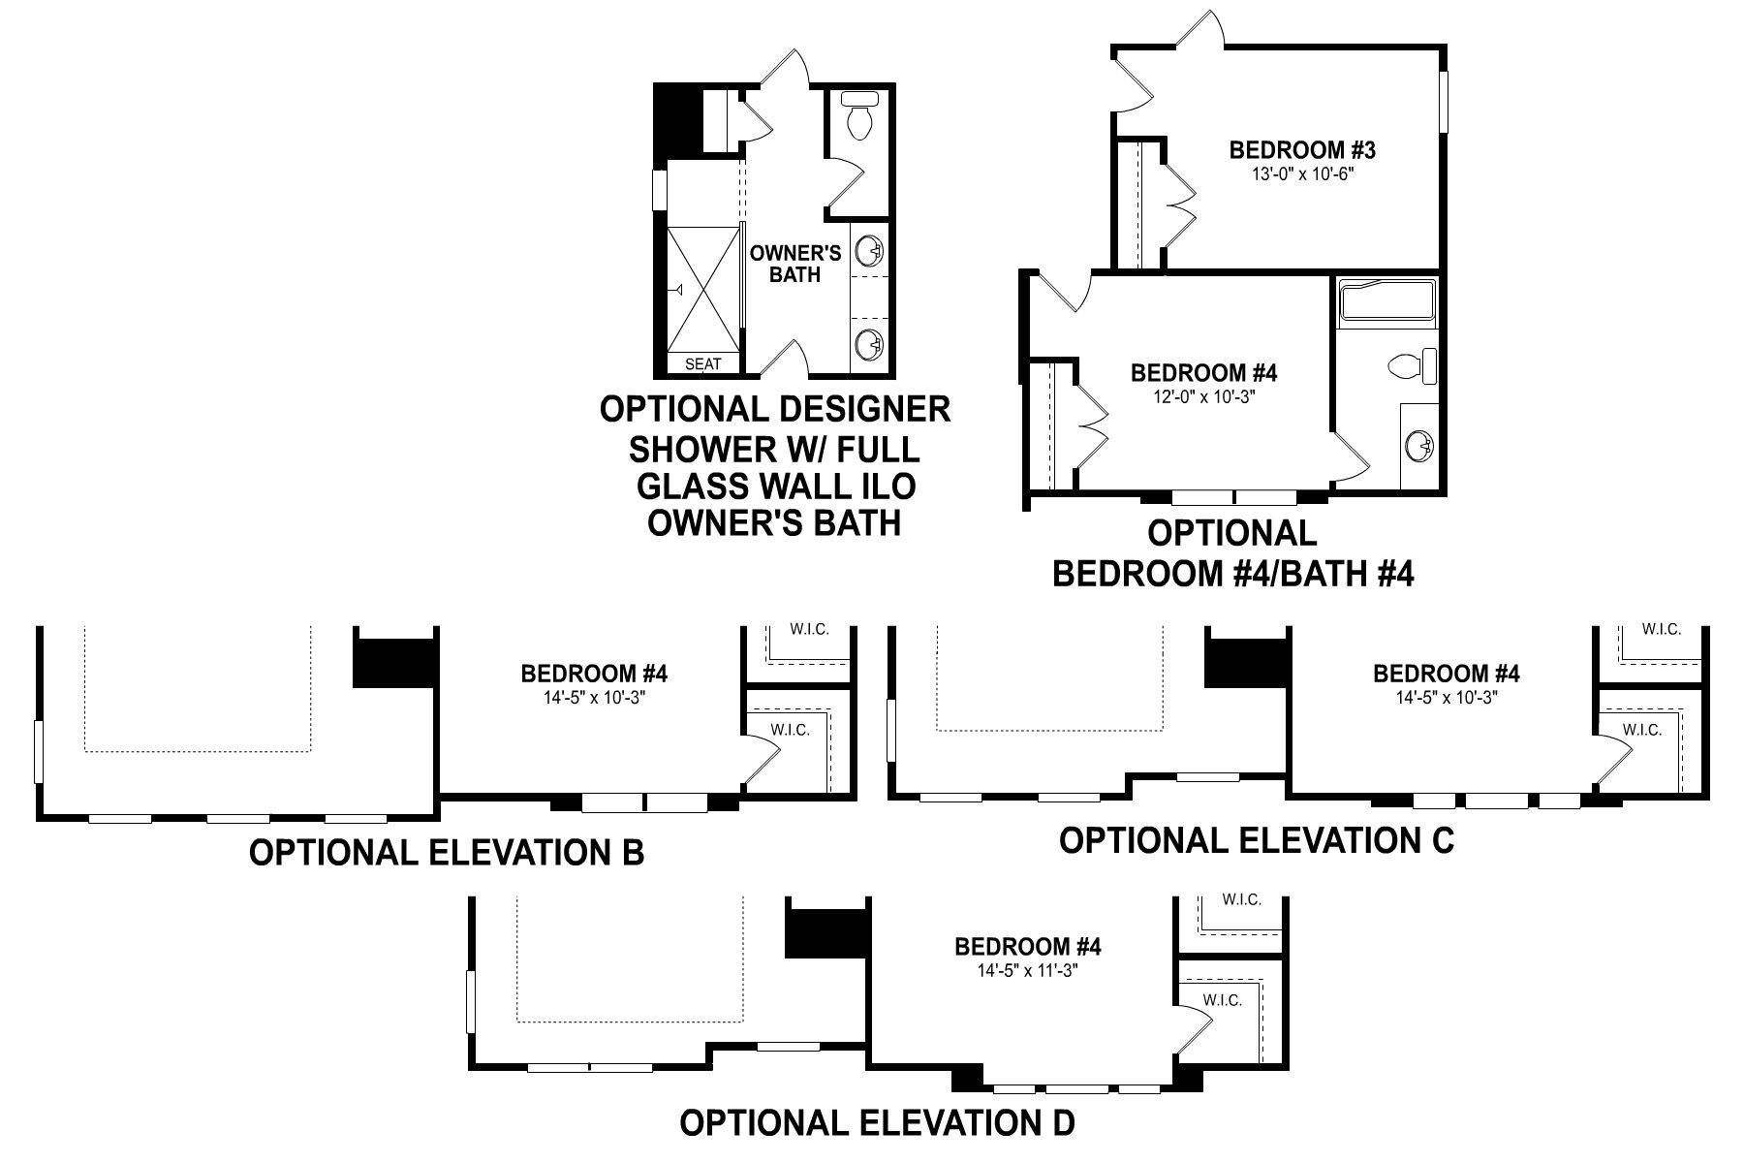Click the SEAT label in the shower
pos(703,364)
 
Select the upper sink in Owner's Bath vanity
pos(870,251)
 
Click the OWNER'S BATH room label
pos(795,264)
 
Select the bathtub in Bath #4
pos(1386,301)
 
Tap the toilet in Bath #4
pos(1412,367)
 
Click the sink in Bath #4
pos(1421,447)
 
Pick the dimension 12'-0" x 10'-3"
pos(1204,396)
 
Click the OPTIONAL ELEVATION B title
pos(447,853)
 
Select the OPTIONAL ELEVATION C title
pos(1257,840)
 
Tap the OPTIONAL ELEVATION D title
pos(877,1124)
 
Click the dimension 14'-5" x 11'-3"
pos(1027,969)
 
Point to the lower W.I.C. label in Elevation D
pos(1222,1000)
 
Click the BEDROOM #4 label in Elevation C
pos(1446,674)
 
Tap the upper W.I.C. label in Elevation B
pos(809,630)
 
